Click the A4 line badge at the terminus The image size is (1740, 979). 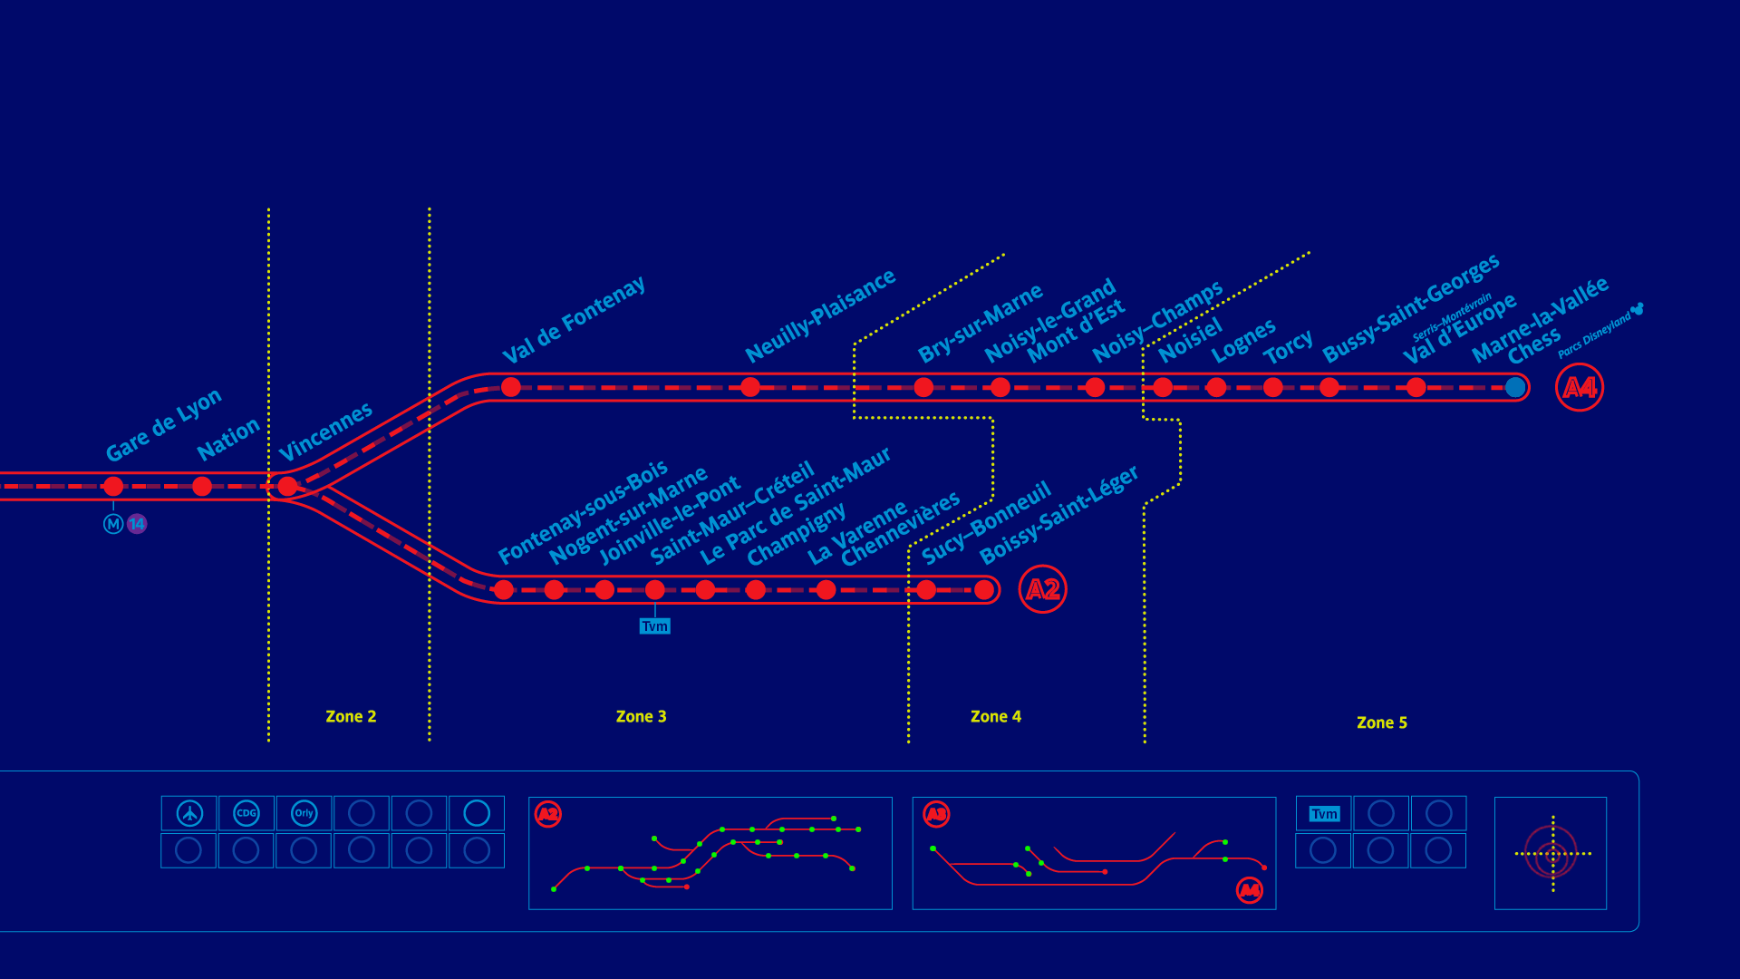coord(1579,387)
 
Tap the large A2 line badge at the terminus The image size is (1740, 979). coord(1042,589)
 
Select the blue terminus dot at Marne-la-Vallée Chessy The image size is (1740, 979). coord(1514,387)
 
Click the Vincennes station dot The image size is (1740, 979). coord(287,487)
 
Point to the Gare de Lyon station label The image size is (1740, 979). coord(163,424)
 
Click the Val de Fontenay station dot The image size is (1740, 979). coord(511,387)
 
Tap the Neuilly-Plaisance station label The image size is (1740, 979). coord(819,315)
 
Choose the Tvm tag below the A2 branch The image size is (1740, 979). coord(654,626)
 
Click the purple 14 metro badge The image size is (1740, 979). coord(137,524)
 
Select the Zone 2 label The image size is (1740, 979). coord(351,716)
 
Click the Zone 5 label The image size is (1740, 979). coord(1381,722)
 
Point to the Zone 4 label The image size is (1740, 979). coord(995,716)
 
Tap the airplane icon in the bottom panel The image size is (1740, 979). coord(189,813)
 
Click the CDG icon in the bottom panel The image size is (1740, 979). coord(246,813)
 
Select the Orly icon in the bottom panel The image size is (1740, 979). coord(304,813)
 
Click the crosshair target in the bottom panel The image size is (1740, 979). coord(1552,853)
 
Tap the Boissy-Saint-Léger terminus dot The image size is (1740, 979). coord(984,590)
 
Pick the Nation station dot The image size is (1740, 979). coord(202,487)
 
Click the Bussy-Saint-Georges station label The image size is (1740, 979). coord(1410,308)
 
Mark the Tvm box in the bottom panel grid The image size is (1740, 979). coord(1324,814)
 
